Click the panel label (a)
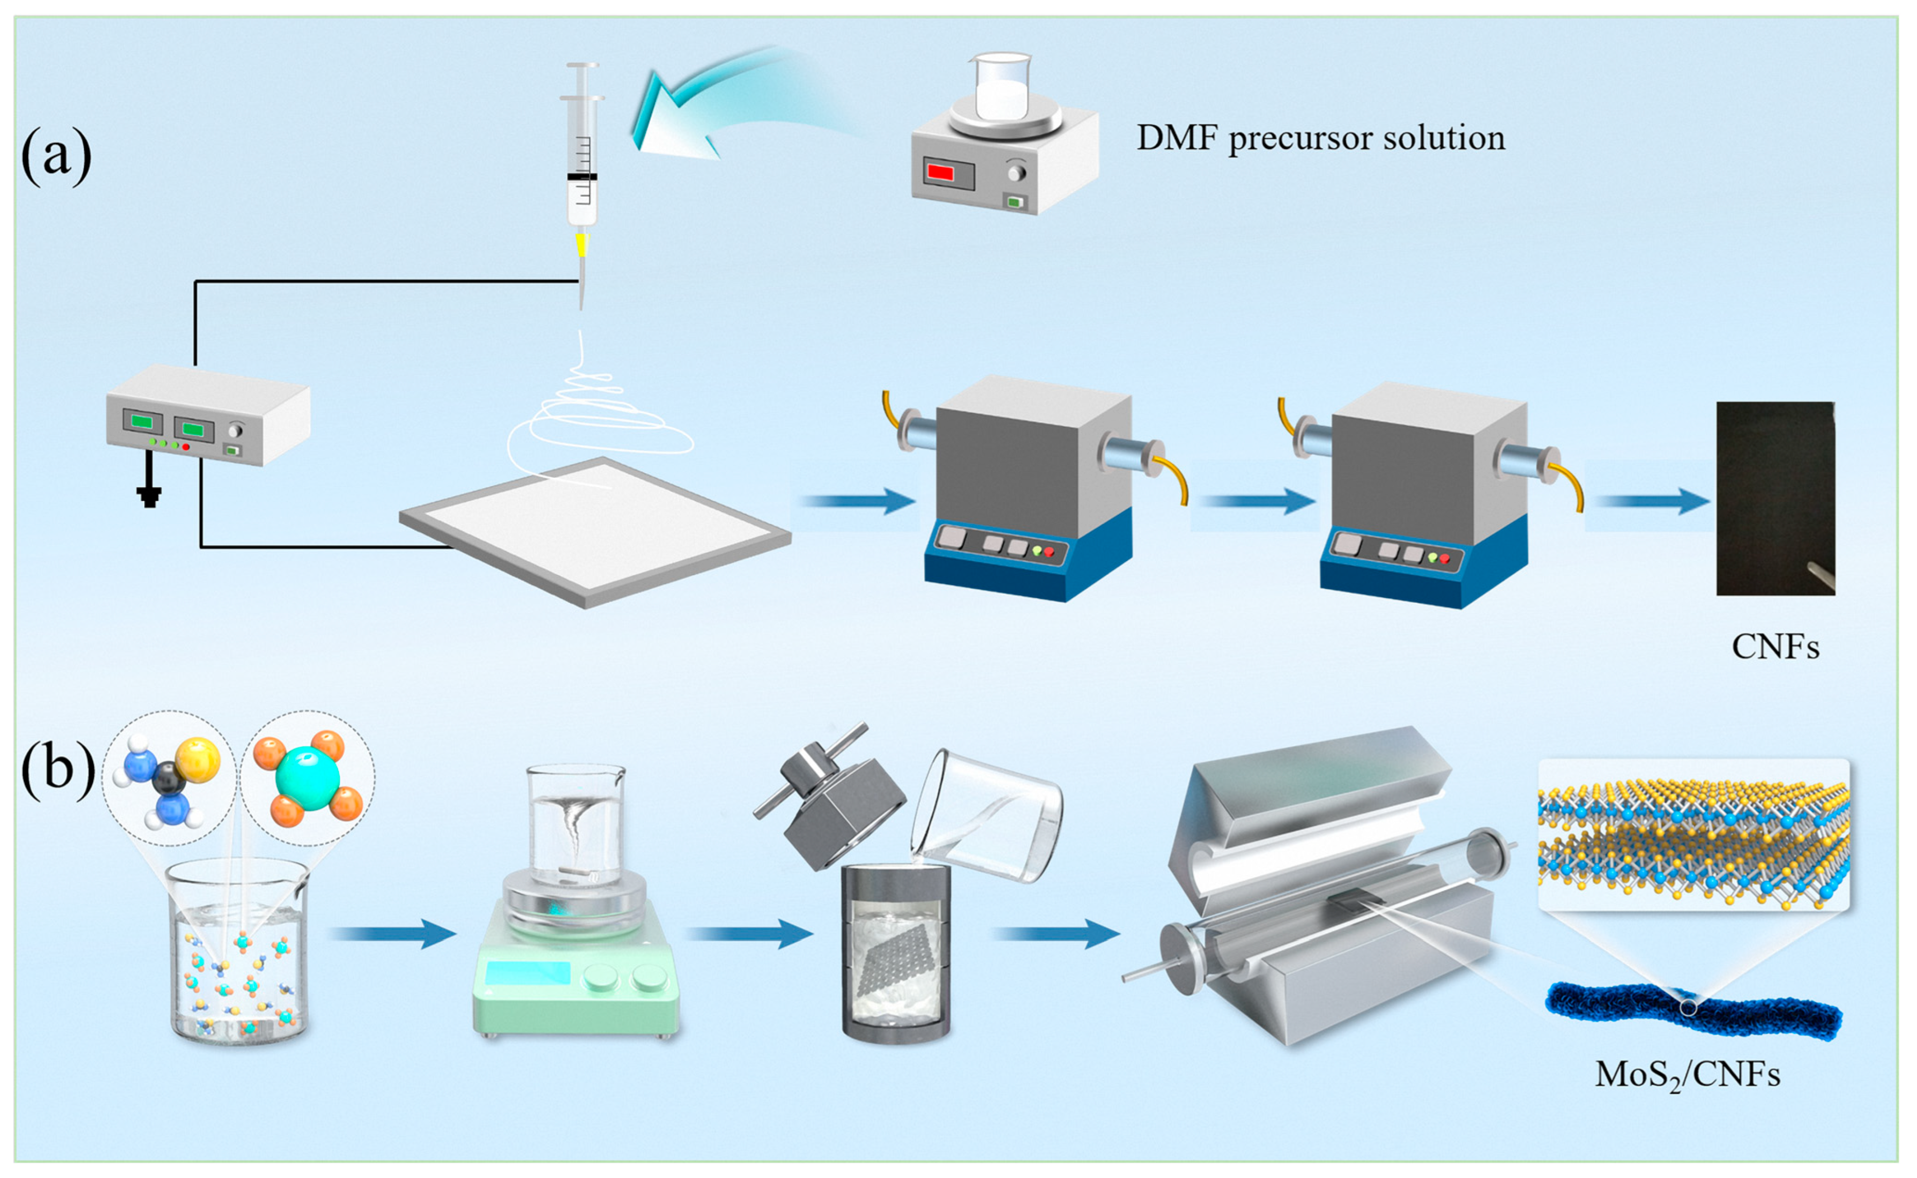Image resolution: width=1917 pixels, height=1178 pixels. [x=56, y=156]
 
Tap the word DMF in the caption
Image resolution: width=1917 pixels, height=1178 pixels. [x=1177, y=138]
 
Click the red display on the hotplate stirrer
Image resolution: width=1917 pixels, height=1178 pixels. [x=940, y=172]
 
